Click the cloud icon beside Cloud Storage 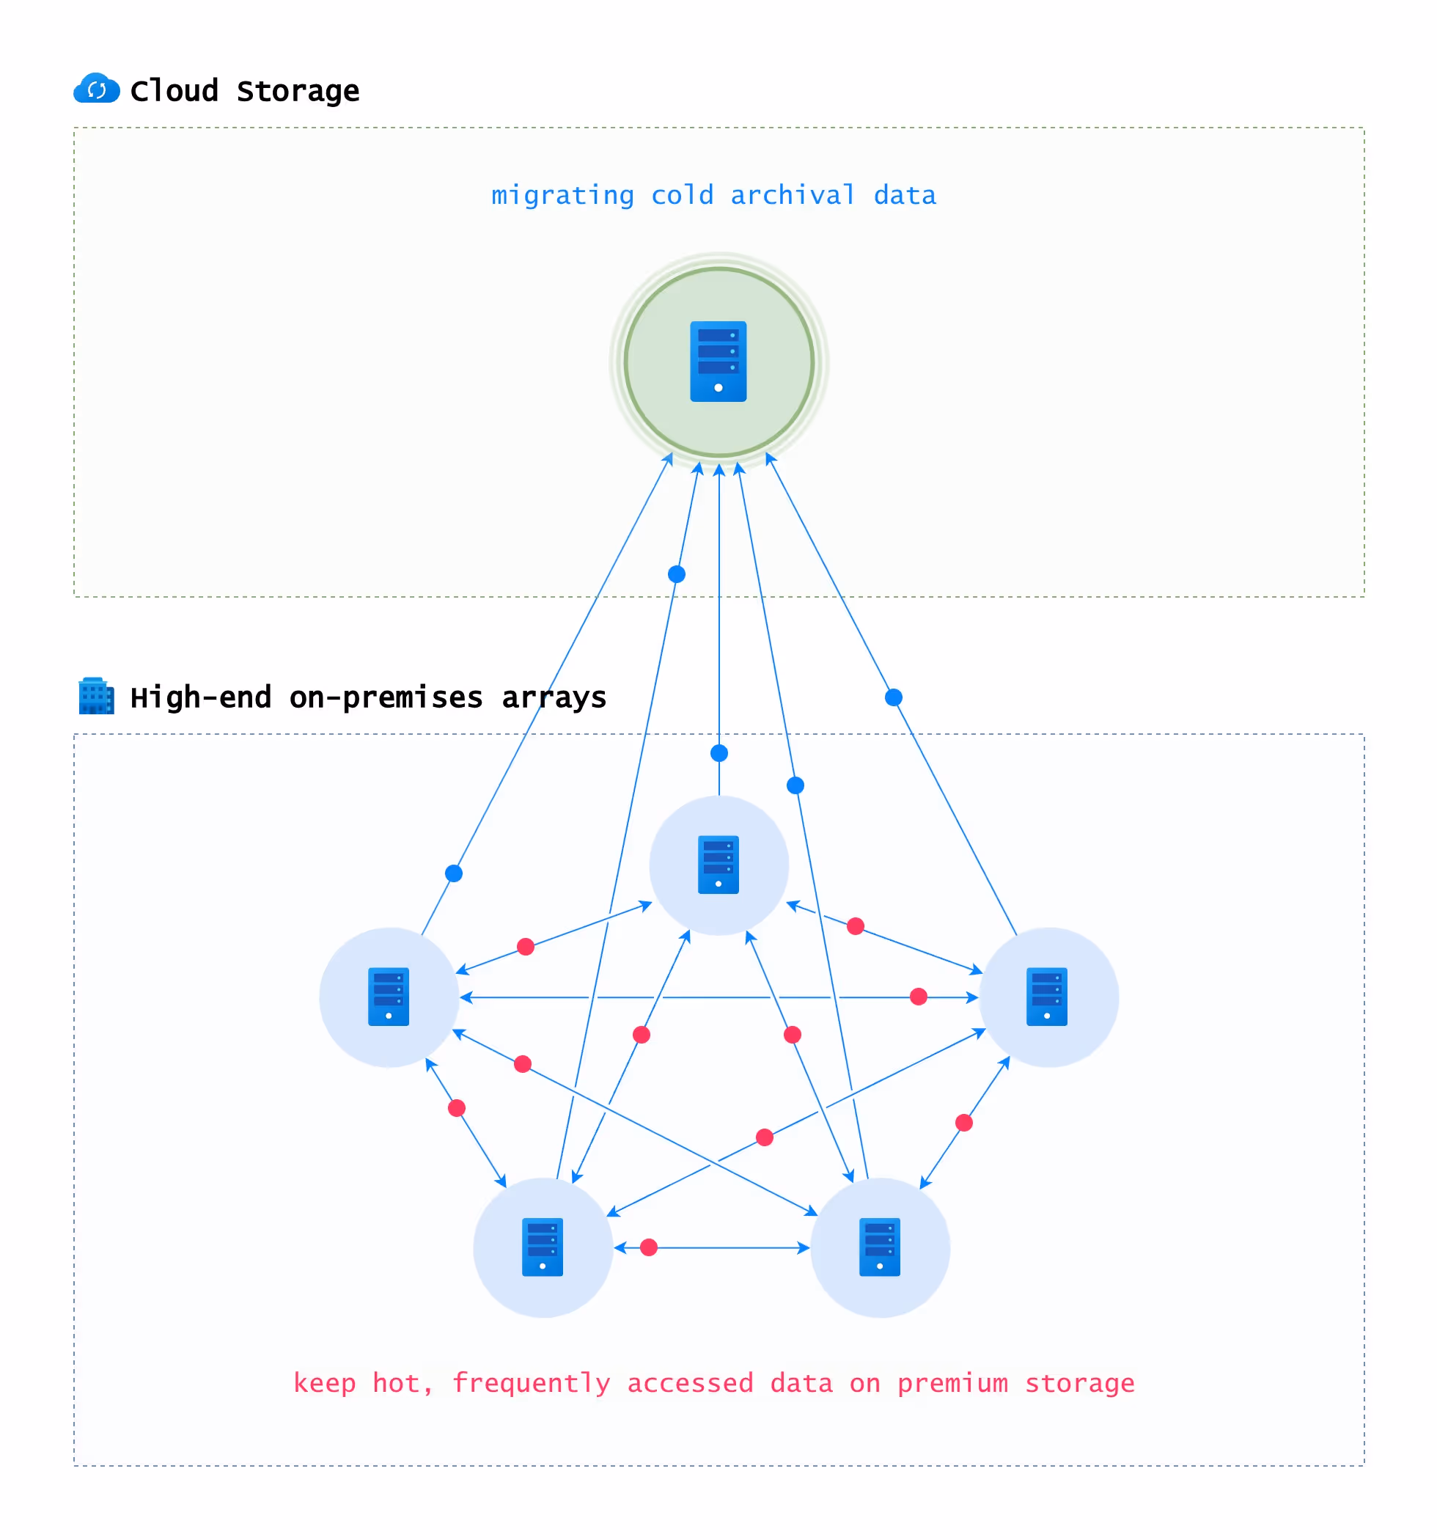tap(96, 89)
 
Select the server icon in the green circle tap(718, 361)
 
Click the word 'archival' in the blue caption tap(793, 195)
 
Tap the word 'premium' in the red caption tap(952, 1383)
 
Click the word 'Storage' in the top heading tap(298, 92)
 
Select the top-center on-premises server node tap(718, 865)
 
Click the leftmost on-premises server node tap(389, 997)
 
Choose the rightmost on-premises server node tap(1048, 997)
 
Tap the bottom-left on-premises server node tap(543, 1247)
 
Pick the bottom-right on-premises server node tap(879, 1247)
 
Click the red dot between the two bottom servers tap(648, 1247)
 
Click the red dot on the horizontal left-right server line tap(918, 997)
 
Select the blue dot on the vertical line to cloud tap(719, 753)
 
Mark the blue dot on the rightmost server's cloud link tap(893, 697)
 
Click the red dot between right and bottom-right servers tap(963, 1123)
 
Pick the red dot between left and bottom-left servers tap(457, 1108)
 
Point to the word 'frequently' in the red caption tap(531, 1383)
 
